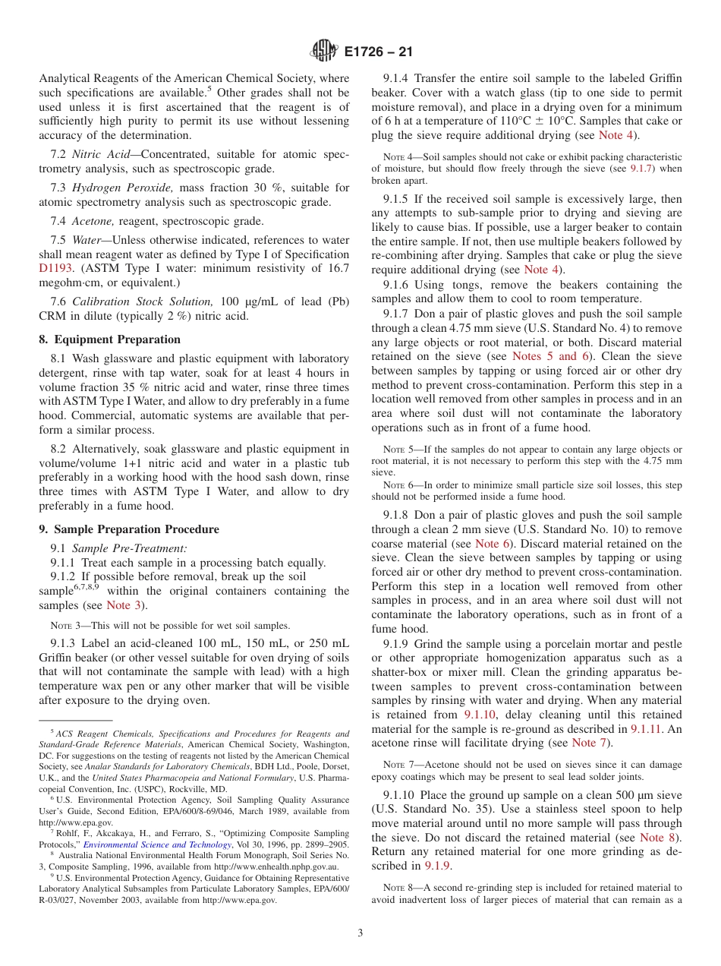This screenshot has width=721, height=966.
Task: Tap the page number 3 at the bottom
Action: [x=360, y=933]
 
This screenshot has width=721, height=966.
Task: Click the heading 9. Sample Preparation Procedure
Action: [x=129, y=529]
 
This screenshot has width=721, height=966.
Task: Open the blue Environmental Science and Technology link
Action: [x=157, y=844]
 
